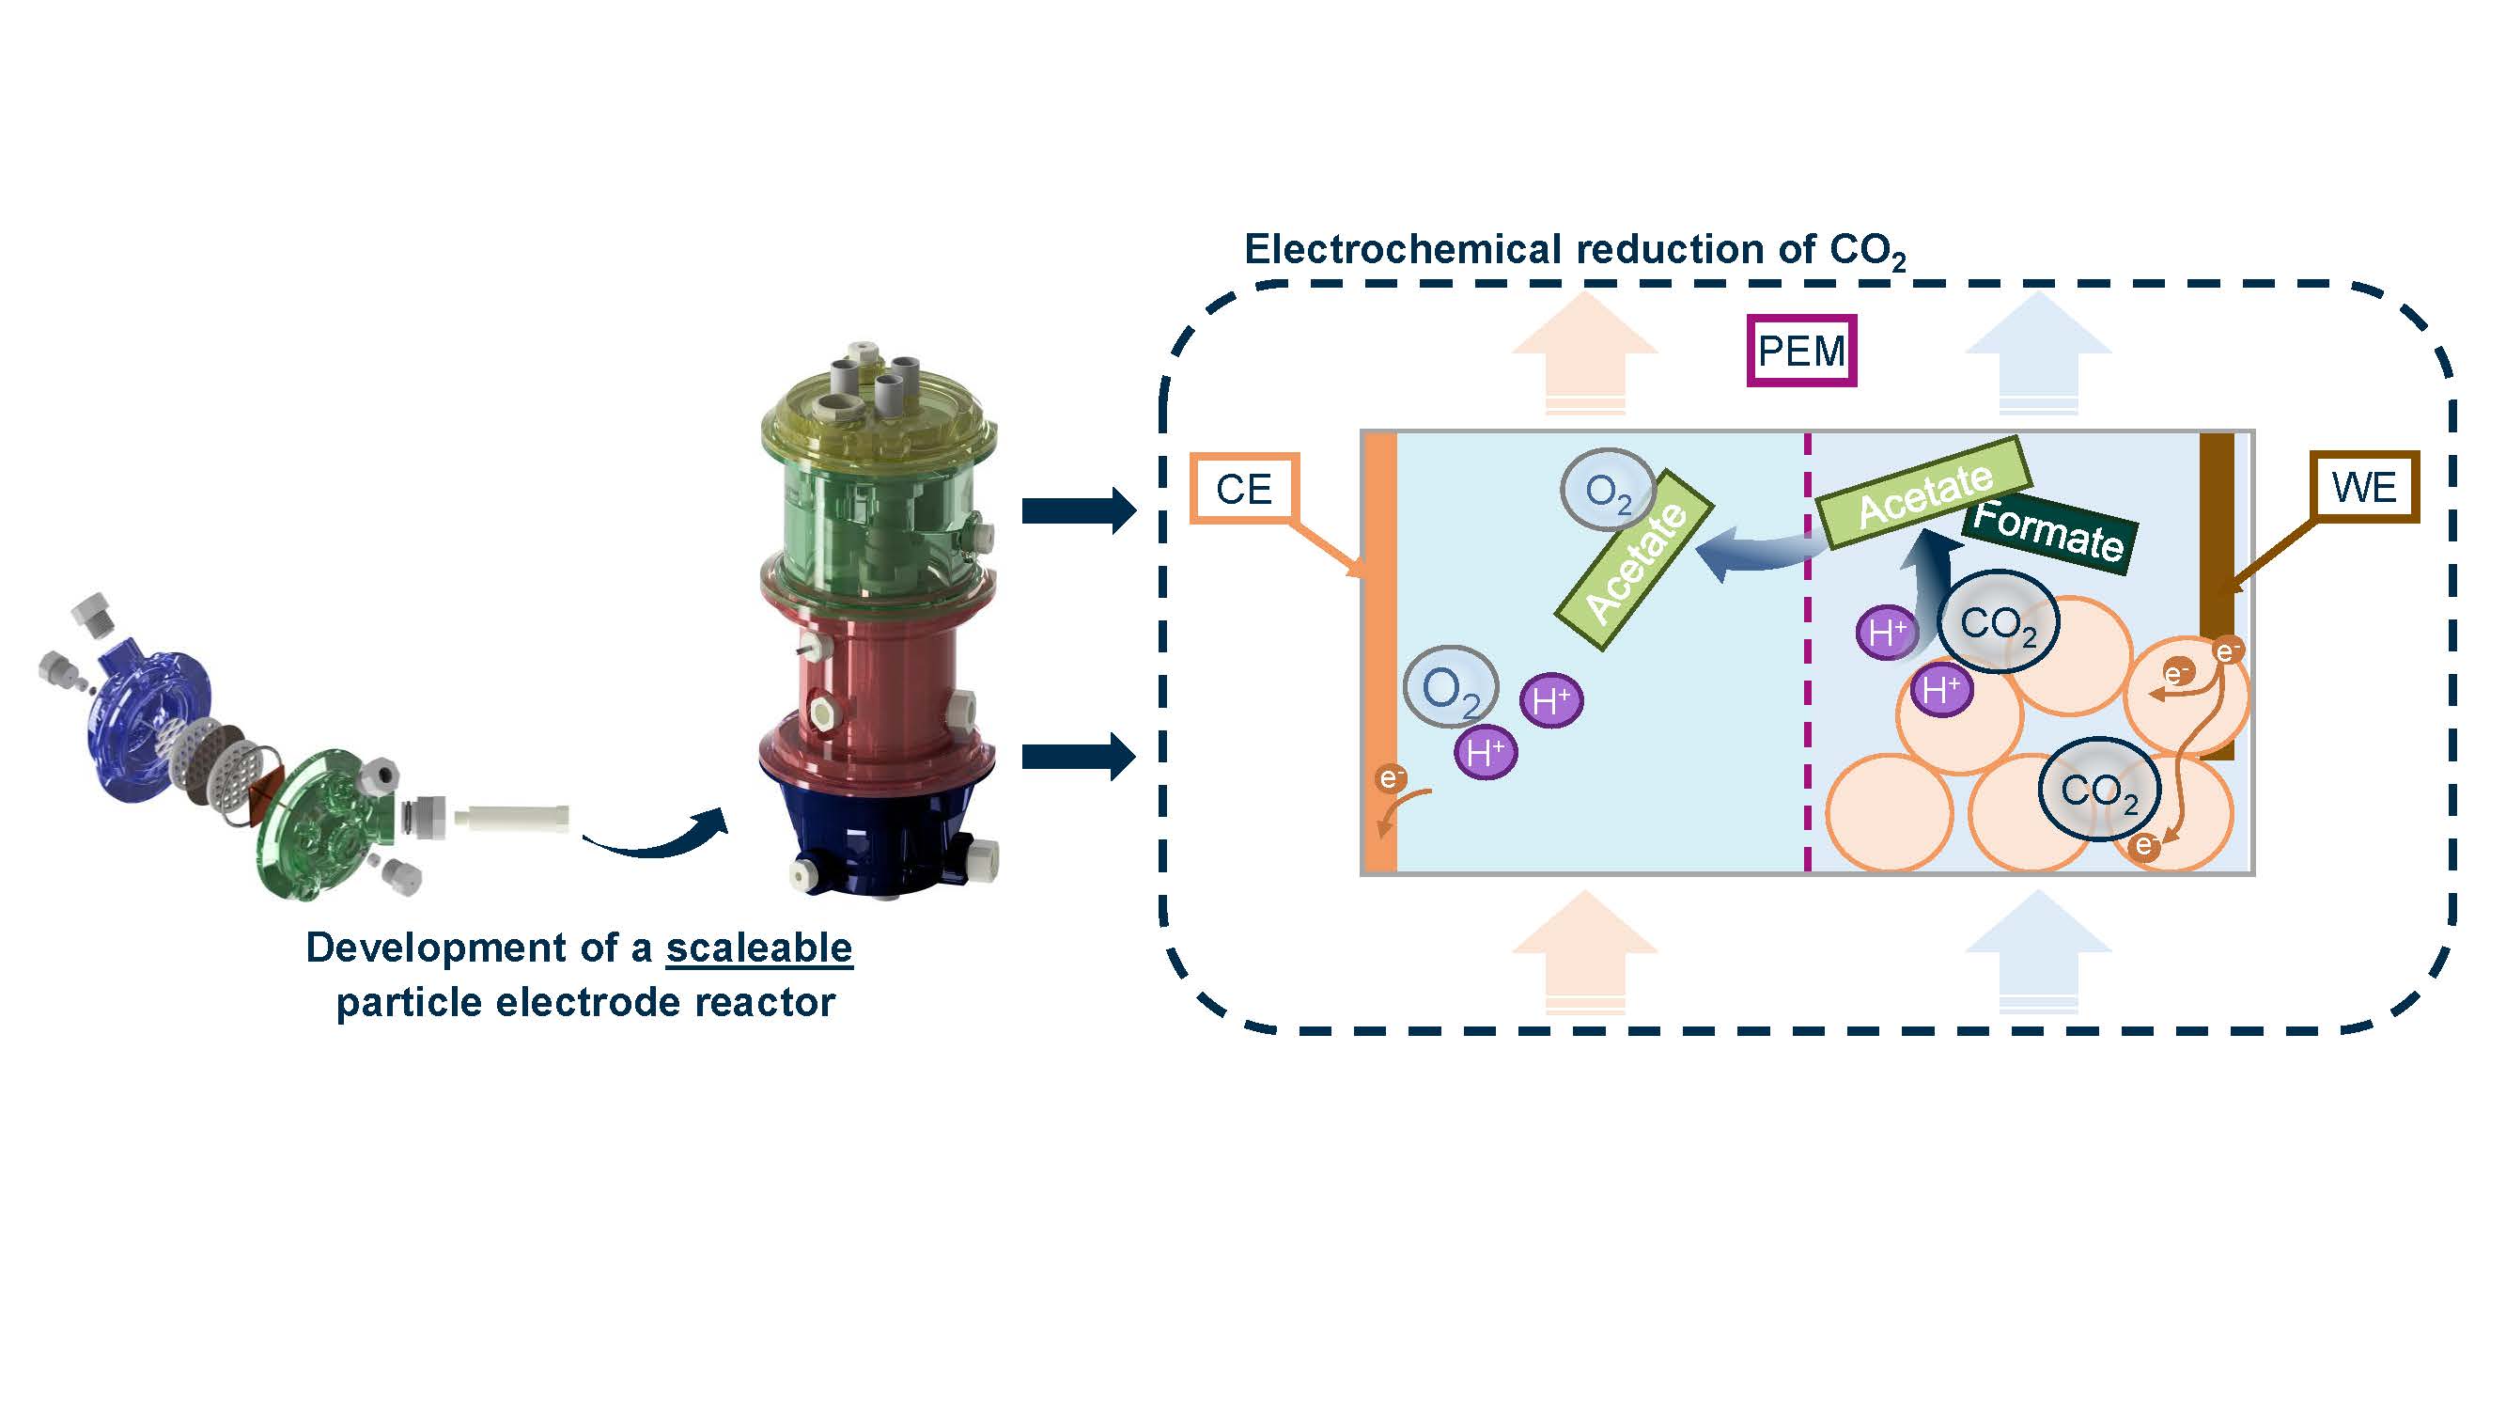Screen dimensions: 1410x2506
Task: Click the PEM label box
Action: click(x=1800, y=351)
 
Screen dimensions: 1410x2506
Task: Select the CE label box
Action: click(x=1244, y=489)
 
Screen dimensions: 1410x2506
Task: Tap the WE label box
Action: click(x=2364, y=487)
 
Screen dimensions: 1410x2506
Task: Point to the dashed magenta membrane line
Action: click(x=1808, y=681)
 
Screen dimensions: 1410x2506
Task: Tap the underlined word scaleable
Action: click(x=759, y=948)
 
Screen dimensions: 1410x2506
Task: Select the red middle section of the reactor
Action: click(x=879, y=681)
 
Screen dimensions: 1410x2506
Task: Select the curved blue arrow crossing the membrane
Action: click(x=1756, y=555)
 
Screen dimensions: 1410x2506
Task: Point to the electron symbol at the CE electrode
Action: click(x=1390, y=777)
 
